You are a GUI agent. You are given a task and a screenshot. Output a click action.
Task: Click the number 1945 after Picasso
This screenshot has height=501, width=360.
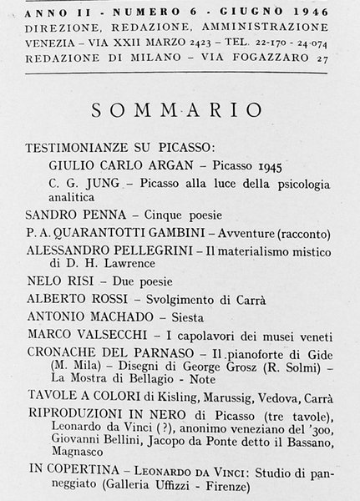[269, 164]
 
